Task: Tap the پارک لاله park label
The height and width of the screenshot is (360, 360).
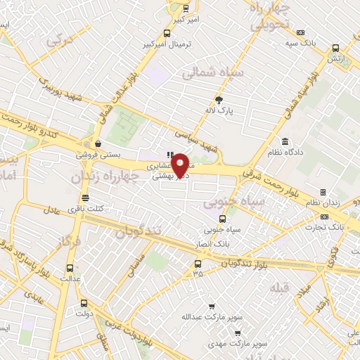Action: point(219,110)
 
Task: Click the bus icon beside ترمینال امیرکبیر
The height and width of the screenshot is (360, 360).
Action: point(167,32)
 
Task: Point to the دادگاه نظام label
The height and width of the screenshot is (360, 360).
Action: point(285,152)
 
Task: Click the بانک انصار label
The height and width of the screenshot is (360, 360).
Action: point(214,243)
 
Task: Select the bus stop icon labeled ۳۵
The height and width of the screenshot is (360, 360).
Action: point(198,265)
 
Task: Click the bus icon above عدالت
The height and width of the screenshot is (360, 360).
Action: point(69,268)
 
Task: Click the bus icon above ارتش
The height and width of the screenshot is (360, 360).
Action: point(335,49)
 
